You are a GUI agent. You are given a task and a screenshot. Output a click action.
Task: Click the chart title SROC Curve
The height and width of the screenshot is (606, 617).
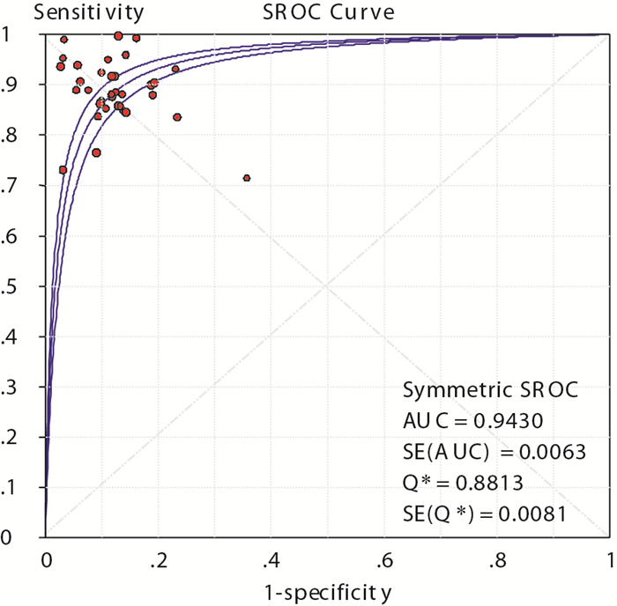(x=327, y=12)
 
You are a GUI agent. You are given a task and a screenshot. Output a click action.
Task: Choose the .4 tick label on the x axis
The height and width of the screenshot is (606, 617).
(x=273, y=560)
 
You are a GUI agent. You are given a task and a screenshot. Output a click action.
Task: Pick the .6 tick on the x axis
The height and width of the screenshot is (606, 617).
(x=386, y=560)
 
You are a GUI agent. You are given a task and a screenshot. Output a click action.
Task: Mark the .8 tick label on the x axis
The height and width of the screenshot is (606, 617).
(x=499, y=560)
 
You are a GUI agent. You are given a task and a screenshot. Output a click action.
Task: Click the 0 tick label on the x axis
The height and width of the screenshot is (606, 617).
(x=47, y=560)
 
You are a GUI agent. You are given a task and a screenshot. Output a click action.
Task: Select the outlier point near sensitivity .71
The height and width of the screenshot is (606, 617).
(x=247, y=178)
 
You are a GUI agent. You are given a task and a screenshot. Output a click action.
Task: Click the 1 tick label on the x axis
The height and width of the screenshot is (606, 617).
(x=608, y=560)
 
